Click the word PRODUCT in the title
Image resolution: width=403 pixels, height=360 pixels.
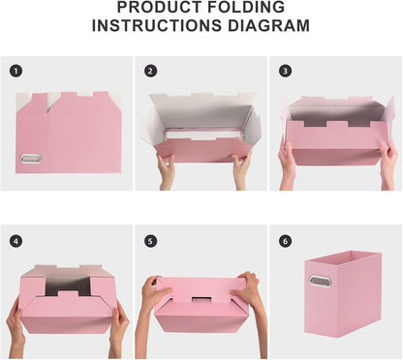point(154,8)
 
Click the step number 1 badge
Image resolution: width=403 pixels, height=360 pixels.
point(16,71)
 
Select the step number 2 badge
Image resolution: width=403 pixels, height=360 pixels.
point(150,71)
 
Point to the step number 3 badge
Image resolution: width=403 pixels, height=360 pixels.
point(284,71)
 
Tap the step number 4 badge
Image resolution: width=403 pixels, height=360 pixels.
point(16,240)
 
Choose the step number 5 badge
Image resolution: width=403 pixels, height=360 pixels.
point(150,240)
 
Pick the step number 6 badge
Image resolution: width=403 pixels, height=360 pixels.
point(284,240)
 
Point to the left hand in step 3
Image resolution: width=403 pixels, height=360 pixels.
point(288,163)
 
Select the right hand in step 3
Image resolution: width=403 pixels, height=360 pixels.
point(387,163)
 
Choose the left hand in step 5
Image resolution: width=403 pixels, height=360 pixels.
point(153,290)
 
